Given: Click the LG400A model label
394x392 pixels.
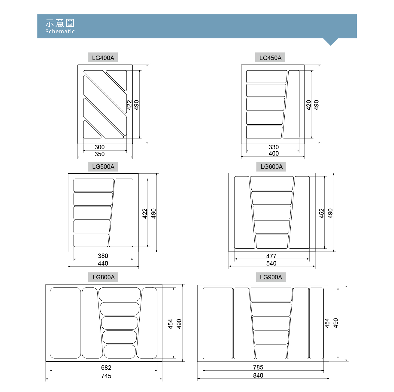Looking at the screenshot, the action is [103, 58].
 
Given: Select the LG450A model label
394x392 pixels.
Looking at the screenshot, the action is [270, 58].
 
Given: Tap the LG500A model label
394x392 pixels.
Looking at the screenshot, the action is [103, 166].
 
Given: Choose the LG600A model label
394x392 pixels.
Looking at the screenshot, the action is [271, 166].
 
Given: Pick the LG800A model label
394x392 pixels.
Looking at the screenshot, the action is [104, 277].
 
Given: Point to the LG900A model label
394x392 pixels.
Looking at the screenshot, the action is [271, 277].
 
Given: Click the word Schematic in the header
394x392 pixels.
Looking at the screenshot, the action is [60, 31].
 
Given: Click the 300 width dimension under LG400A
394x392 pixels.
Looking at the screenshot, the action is [99, 147].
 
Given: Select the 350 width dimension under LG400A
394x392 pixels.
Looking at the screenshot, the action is [99, 154].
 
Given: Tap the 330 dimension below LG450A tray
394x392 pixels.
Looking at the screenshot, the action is [273, 147].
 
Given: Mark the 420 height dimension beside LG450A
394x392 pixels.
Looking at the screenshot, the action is [308, 105].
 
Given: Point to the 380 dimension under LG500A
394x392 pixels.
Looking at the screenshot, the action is [103, 256].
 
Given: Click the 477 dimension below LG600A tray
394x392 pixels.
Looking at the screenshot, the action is [271, 256].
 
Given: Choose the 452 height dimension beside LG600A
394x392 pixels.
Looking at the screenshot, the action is [321, 213].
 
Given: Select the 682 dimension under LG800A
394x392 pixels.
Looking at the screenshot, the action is [106, 367].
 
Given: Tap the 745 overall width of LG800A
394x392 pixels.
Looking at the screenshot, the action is [106, 376].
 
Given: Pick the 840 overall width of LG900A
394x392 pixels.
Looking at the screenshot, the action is [258, 375].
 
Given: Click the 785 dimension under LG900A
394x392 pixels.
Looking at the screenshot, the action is [258, 367].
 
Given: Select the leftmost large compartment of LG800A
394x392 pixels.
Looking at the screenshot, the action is [65, 323].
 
